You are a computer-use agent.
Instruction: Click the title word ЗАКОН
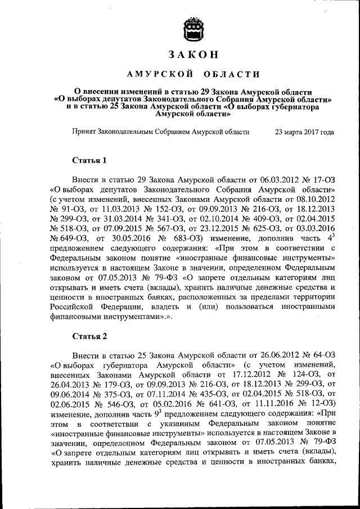pyautogui.click(x=192, y=55)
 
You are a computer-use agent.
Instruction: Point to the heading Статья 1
pyautogui.click(x=89, y=160)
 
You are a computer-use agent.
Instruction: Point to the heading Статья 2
pyautogui.click(x=89, y=336)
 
